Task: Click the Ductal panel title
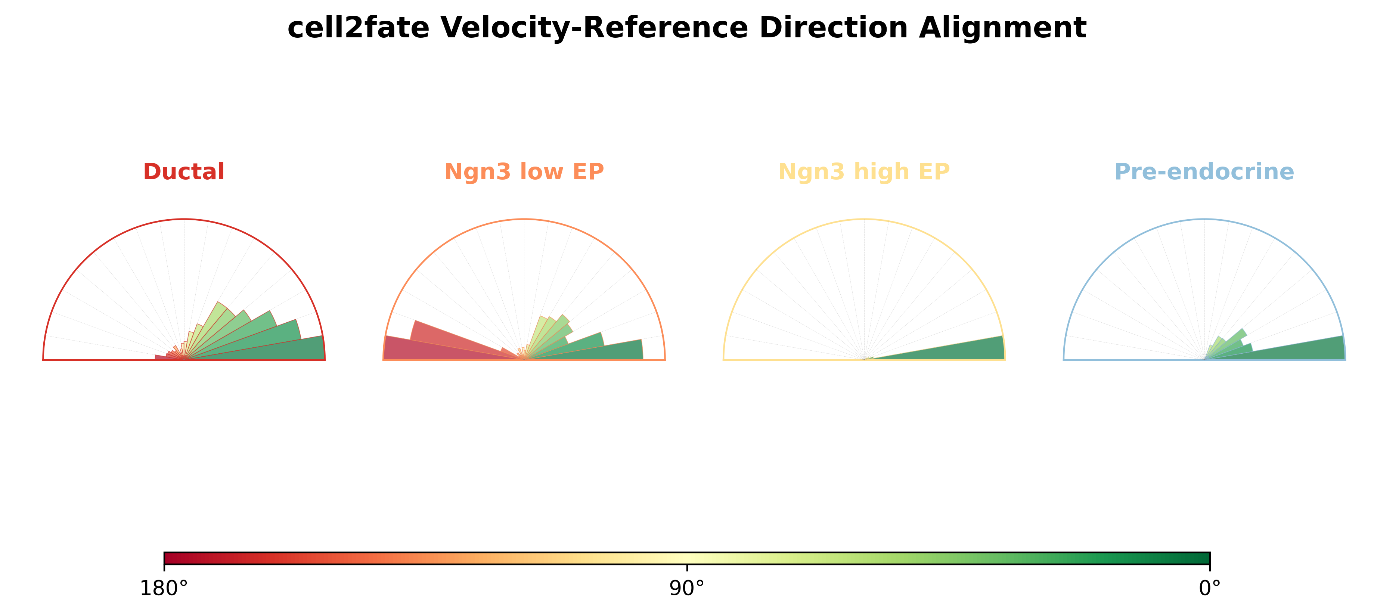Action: coord(184,172)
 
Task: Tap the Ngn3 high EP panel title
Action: coord(864,172)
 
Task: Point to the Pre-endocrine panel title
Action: coord(1204,172)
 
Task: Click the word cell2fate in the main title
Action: coord(358,27)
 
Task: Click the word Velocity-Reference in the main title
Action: coord(594,27)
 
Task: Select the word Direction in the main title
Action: coord(834,27)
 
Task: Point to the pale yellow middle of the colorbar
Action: coord(687,558)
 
